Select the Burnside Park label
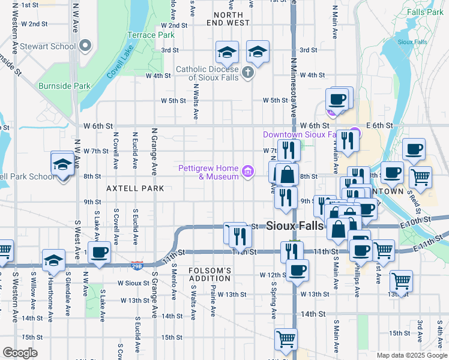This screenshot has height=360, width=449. [64, 86]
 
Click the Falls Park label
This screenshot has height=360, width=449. [424, 11]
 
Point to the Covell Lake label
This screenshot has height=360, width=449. [119, 65]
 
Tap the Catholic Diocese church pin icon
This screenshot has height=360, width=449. [249, 73]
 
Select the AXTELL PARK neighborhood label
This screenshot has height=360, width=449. [135, 188]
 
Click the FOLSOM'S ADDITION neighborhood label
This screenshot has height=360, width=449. [210, 274]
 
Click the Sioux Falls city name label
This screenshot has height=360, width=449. [295, 226]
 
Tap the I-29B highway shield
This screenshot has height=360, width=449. [137, 264]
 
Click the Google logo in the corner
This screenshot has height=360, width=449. [20, 353]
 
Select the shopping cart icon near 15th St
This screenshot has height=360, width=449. [286, 339]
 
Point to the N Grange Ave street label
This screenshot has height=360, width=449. [154, 151]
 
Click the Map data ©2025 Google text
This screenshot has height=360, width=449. [412, 355]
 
